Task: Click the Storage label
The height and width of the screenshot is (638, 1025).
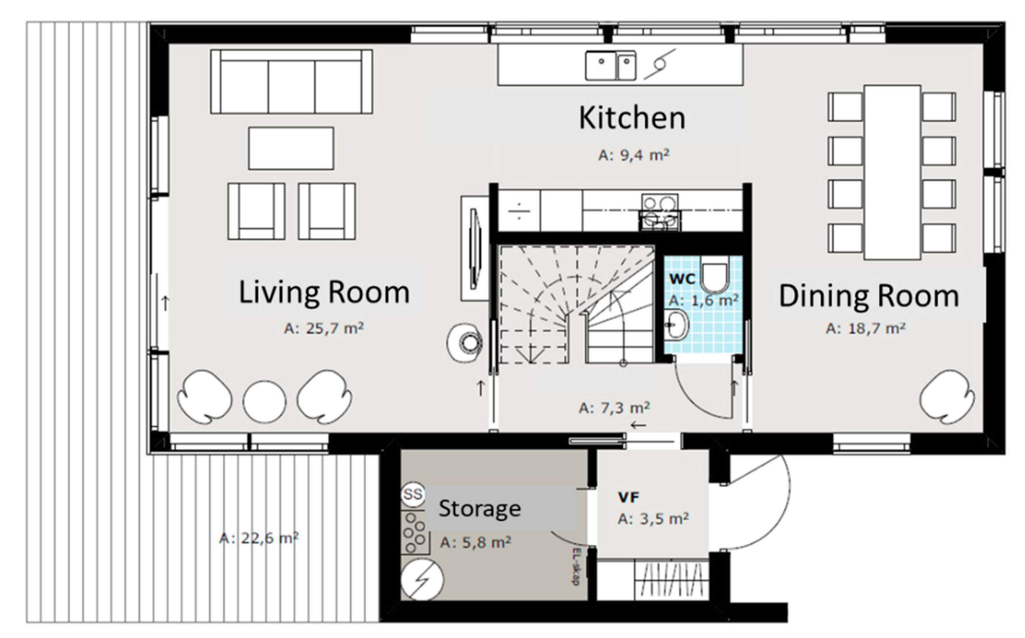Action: coord(480,508)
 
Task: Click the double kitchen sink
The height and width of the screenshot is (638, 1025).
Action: coord(610,66)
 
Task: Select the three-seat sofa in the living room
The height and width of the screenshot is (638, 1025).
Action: coord(291,82)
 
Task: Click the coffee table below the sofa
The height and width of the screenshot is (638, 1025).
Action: coord(291,149)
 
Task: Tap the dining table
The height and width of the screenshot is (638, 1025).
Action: coord(893,173)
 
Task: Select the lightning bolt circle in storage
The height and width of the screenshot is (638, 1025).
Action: coord(422,580)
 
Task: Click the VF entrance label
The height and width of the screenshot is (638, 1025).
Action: coord(629,498)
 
